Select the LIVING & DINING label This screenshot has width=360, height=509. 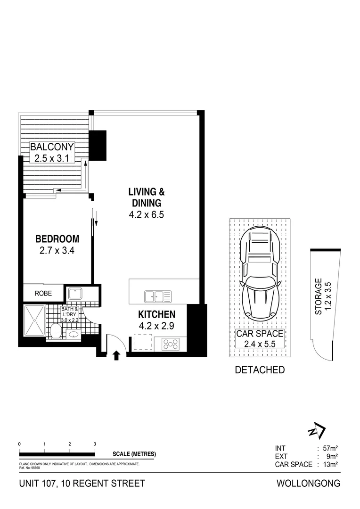pyautogui.click(x=147, y=197)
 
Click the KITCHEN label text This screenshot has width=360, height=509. pyautogui.click(x=156, y=314)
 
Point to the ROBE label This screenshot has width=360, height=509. pyautogui.click(x=43, y=293)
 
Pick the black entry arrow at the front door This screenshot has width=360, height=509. pyautogui.click(x=117, y=354)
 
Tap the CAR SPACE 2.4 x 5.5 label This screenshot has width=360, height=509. pyautogui.click(x=260, y=338)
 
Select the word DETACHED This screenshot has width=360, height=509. pyautogui.click(x=260, y=370)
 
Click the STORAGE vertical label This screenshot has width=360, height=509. pyautogui.click(x=319, y=296)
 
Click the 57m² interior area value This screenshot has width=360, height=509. pyautogui.click(x=330, y=448)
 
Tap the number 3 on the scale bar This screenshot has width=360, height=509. pyautogui.click(x=95, y=444)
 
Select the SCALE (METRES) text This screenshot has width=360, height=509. pyautogui.click(x=134, y=454)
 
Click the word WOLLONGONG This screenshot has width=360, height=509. pyautogui.click(x=309, y=484)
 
